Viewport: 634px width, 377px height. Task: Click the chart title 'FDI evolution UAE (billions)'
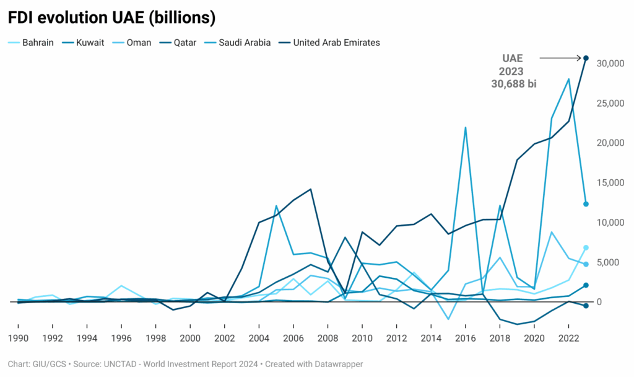pos(111,18)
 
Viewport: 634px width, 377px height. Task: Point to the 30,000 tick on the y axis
pos(608,63)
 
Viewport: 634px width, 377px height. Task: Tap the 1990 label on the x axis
pos(18,339)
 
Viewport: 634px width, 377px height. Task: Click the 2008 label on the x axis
pos(328,339)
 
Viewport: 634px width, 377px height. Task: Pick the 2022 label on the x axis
pos(568,339)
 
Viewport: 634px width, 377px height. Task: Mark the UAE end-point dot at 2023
pos(586,58)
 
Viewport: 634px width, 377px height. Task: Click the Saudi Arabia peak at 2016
pos(465,128)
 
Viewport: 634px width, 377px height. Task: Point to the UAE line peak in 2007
pos(310,189)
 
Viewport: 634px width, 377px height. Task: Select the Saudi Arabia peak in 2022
pos(568,79)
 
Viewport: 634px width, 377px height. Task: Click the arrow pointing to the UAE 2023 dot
pos(560,58)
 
